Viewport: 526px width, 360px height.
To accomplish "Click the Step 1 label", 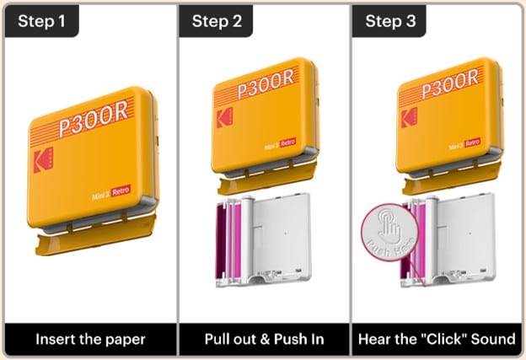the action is coord(41,21).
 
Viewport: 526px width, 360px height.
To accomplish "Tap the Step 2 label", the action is coord(217,21).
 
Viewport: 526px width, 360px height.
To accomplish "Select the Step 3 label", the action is coord(390,21).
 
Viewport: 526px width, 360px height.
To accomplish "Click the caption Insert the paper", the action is coord(90,339).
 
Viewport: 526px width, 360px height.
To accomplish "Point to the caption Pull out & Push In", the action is coord(265,339).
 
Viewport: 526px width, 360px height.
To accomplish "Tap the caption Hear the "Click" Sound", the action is coord(437,339).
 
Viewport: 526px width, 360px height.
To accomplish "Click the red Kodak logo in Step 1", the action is coord(43,160).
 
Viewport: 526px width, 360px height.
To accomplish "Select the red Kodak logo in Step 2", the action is coord(224,118).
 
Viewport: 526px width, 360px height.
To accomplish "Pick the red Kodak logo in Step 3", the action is coord(410,118).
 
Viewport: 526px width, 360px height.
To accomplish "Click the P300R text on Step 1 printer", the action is coord(94,119).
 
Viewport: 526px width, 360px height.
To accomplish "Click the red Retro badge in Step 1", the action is coord(121,191).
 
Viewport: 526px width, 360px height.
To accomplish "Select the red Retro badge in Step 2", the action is coord(287,142).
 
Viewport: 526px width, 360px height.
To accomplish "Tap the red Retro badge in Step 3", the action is coord(472,142).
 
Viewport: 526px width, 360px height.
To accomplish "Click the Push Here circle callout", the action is coord(389,233).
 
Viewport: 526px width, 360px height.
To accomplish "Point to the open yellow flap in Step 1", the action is coord(96,234).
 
